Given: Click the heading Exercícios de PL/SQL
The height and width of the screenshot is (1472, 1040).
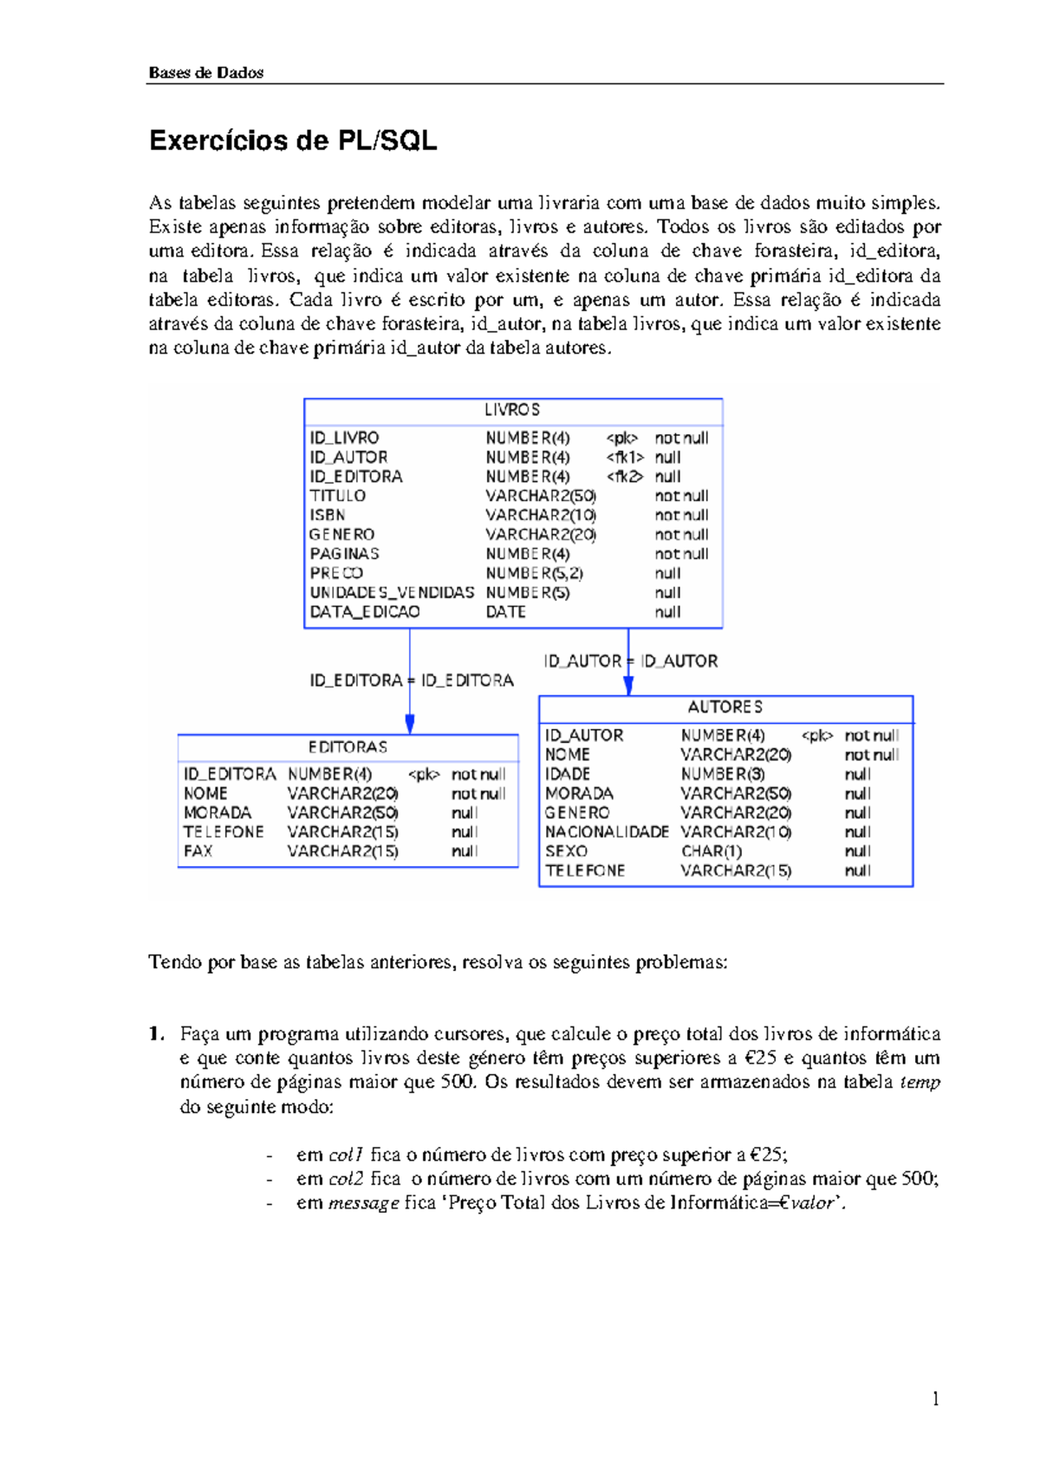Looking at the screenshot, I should [x=293, y=141].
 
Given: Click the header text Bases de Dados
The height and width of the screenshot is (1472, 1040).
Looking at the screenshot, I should [x=206, y=73].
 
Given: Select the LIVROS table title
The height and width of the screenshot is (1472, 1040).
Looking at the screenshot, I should [x=512, y=410].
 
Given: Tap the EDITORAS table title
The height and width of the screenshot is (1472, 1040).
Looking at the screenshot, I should [x=348, y=747].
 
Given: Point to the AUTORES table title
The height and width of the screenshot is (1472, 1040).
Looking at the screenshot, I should [x=725, y=707].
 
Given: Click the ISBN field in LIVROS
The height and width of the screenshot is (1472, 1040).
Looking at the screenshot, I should [x=328, y=515].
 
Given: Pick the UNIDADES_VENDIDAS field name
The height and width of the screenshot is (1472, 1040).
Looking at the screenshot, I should [x=392, y=593].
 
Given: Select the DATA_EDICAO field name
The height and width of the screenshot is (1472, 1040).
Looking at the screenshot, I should [x=365, y=612].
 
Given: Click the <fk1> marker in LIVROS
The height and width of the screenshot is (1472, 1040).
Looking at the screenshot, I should [x=625, y=458].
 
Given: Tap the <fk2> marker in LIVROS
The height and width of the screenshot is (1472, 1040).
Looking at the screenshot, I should [x=625, y=477].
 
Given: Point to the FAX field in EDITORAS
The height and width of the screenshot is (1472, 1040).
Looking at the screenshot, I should [x=198, y=851].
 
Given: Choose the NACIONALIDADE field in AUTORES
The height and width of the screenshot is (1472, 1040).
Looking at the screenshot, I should [x=607, y=832].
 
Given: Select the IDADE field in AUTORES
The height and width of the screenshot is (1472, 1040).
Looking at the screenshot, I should [x=568, y=774].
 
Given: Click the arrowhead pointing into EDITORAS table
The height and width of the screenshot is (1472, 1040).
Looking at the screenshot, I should [x=410, y=725].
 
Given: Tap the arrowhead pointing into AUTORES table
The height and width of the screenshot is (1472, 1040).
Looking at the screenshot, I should [x=628, y=685].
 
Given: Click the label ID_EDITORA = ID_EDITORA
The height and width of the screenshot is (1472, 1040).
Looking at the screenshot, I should [x=412, y=681].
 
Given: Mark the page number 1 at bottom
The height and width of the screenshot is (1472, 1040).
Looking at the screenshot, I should [x=935, y=1398].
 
